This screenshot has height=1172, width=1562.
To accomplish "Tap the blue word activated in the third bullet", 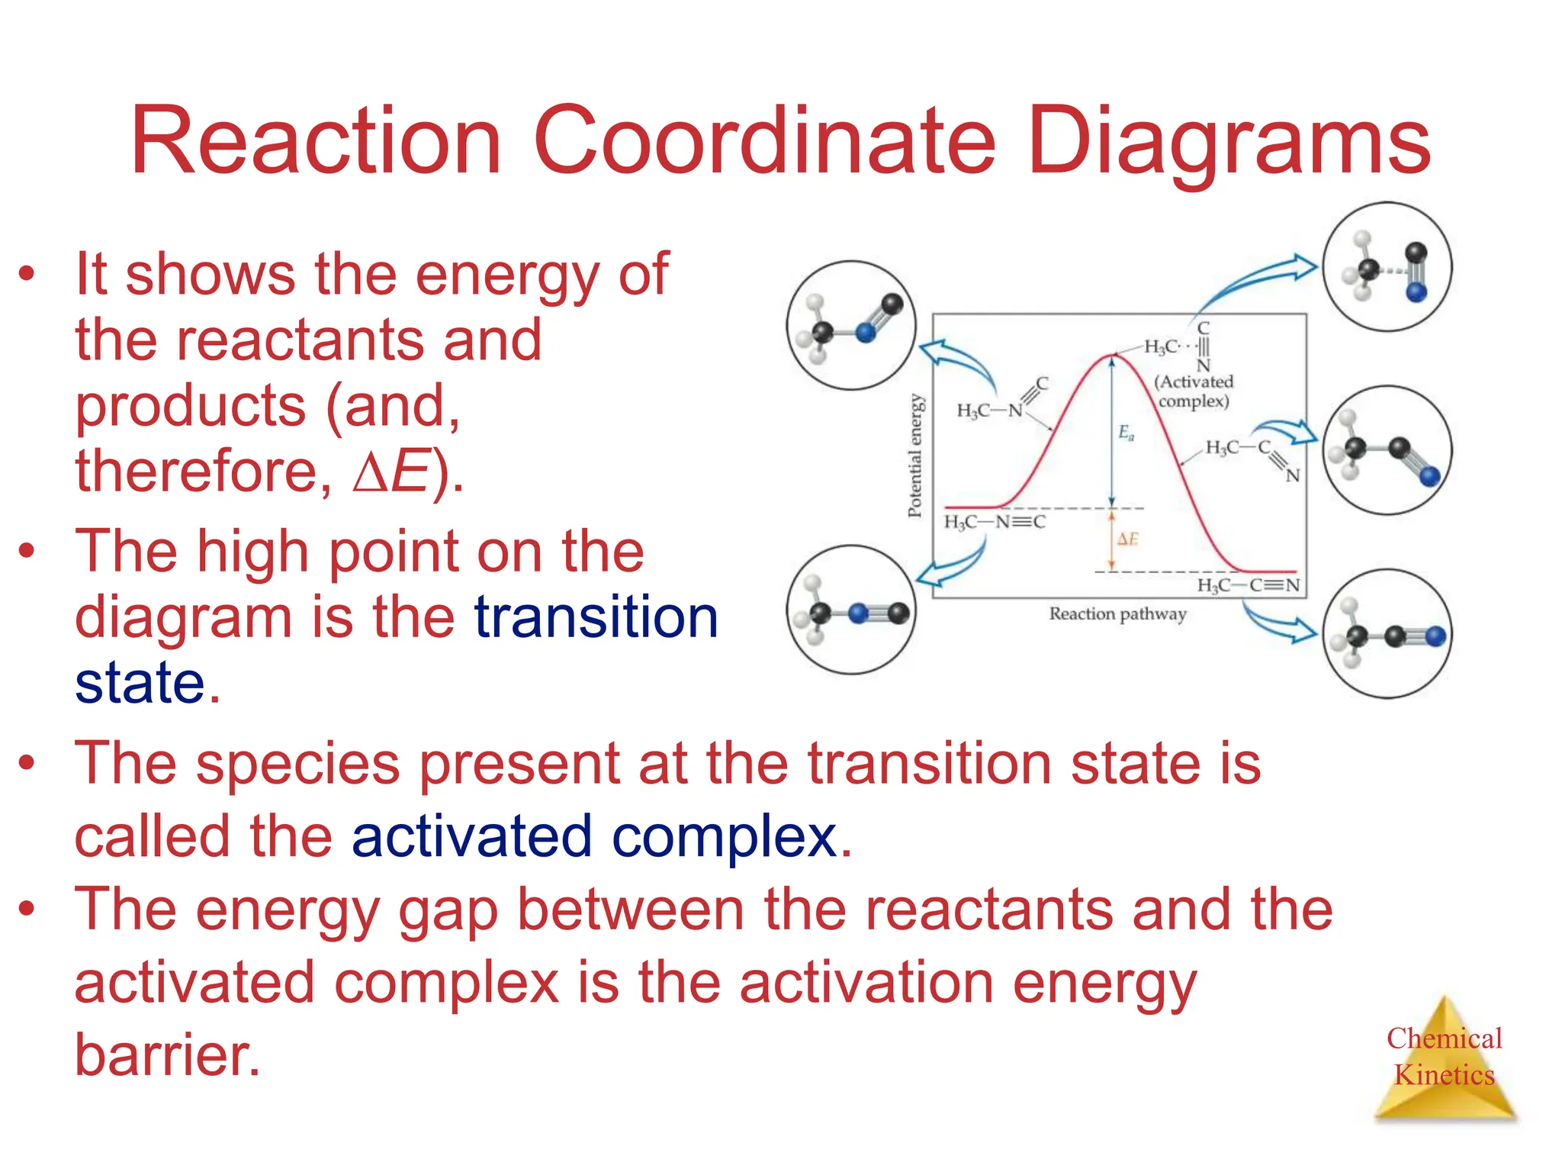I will pyautogui.click(x=471, y=836).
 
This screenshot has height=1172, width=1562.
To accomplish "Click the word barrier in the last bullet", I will pyautogui.click(x=167, y=1055).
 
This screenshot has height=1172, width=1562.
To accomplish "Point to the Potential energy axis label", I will pyautogui.click(x=915, y=456).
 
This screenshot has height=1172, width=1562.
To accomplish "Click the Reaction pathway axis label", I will pyautogui.click(x=1117, y=613).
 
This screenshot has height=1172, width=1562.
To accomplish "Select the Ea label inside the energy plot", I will pyautogui.click(x=1126, y=433).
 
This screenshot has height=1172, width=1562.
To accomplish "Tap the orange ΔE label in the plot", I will pyautogui.click(x=1127, y=539).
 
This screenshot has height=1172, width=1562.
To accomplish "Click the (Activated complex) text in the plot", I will pyautogui.click(x=1194, y=391).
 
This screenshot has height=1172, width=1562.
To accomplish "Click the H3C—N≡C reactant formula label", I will pyautogui.click(x=995, y=522).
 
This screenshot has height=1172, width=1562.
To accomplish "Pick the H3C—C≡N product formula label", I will pyautogui.click(x=1248, y=585).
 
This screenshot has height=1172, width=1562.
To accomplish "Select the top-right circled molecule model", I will pyautogui.click(x=1387, y=266).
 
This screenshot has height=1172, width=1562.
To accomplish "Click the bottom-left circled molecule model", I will pyautogui.click(x=851, y=610).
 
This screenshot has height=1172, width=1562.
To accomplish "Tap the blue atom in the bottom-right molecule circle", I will pyautogui.click(x=1435, y=636).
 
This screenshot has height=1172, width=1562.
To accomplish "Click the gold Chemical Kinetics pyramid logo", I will pyautogui.click(x=1444, y=1060).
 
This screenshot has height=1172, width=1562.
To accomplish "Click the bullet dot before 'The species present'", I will pyautogui.click(x=27, y=762).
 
